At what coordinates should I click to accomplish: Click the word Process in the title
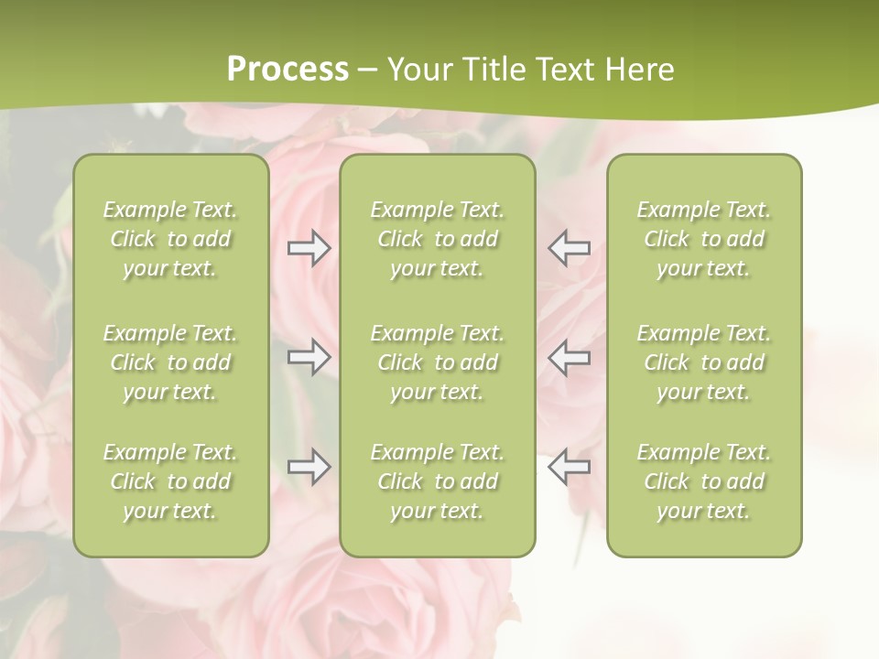pyautogui.click(x=288, y=69)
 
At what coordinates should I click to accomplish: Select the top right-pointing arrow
pyautogui.click(x=309, y=248)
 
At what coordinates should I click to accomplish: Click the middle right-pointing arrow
pyautogui.click(x=309, y=357)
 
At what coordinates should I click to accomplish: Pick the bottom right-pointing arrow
pyautogui.click(x=309, y=467)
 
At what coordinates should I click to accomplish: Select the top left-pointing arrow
pyautogui.click(x=569, y=248)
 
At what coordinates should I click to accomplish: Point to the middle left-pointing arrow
pyautogui.click(x=569, y=357)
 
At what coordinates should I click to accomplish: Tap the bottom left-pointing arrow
pyautogui.click(x=569, y=467)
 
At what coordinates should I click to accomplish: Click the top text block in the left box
pyautogui.click(x=170, y=239)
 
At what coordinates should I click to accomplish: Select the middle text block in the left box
pyautogui.click(x=170, y=362)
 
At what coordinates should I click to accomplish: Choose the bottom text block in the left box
pyautogui.click(x=170, y=481)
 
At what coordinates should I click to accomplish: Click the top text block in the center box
pyautogui.click(x=438, y=239)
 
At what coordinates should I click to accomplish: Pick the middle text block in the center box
pyautogui.click(x=438, y=362)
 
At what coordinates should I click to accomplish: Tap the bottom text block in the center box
pyautogui.click(x=438, y=481)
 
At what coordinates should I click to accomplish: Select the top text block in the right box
pyautogui.click(x=704, y=239)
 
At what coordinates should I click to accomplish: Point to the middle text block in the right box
pyautogui.click(x=704, y=362)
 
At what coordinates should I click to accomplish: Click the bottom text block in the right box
pyautogui.click(x=704, y=481)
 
